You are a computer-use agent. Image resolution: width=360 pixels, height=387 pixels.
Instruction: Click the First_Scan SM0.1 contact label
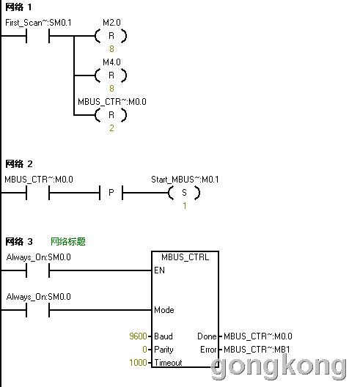[38, 23]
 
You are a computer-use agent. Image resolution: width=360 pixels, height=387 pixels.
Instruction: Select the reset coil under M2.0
[111, 36]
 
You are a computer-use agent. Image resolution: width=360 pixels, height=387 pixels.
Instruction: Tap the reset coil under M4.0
[111, 75]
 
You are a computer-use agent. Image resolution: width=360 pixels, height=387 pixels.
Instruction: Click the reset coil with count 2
[111, 115]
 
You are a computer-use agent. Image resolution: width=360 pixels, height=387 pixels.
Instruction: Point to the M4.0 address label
[111, 62]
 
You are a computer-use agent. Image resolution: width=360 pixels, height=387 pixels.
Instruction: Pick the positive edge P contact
[111, 193]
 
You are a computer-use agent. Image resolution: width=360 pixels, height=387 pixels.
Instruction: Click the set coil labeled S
[184, 193]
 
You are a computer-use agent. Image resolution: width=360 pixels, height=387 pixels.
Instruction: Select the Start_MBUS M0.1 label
[185, 180]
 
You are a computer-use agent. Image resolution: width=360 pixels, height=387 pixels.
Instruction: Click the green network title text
[68, 241]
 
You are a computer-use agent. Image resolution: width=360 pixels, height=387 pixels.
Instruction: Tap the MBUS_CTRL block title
[185, 257]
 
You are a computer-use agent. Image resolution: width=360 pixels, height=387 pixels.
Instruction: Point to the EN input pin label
[159, 270]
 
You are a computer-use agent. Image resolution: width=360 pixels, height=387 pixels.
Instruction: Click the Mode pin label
[164, 310]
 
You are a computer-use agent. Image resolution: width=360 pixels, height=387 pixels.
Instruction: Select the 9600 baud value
[139, 336]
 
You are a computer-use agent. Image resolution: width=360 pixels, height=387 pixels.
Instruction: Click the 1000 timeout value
[139, 363]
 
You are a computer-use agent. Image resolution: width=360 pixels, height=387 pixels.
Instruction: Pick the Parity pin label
[164, 350]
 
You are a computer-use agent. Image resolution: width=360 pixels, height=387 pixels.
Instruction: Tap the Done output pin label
[207, 336]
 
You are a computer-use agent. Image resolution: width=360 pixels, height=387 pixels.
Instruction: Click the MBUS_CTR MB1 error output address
[257, 350]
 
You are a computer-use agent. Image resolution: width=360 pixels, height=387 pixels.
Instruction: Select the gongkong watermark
[279, 367]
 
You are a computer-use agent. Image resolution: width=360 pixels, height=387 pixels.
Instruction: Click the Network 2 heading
[19, 164]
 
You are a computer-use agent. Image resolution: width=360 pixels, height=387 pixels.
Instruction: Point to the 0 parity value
[144, 350]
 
